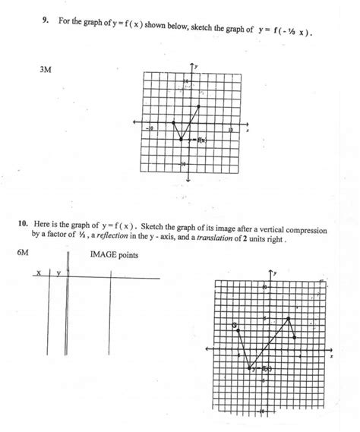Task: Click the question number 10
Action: (x=24, y=225)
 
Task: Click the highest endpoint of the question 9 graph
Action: (x=198, y=106)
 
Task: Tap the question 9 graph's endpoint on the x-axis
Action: (x=173, y=122)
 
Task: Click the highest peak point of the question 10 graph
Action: (x=289, y=317)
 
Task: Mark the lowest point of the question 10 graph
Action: (x=250, y=369)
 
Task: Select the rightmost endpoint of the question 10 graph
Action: (x=295, y=335)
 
